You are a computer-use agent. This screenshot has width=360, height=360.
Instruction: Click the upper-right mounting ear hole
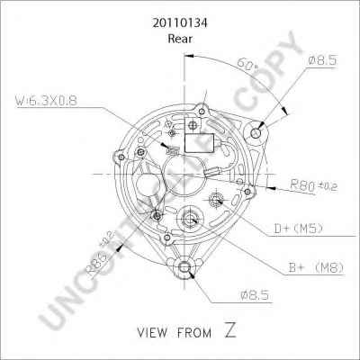257,132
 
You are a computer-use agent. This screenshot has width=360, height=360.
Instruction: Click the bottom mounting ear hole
185,265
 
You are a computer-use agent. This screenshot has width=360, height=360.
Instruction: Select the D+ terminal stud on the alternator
216,198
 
